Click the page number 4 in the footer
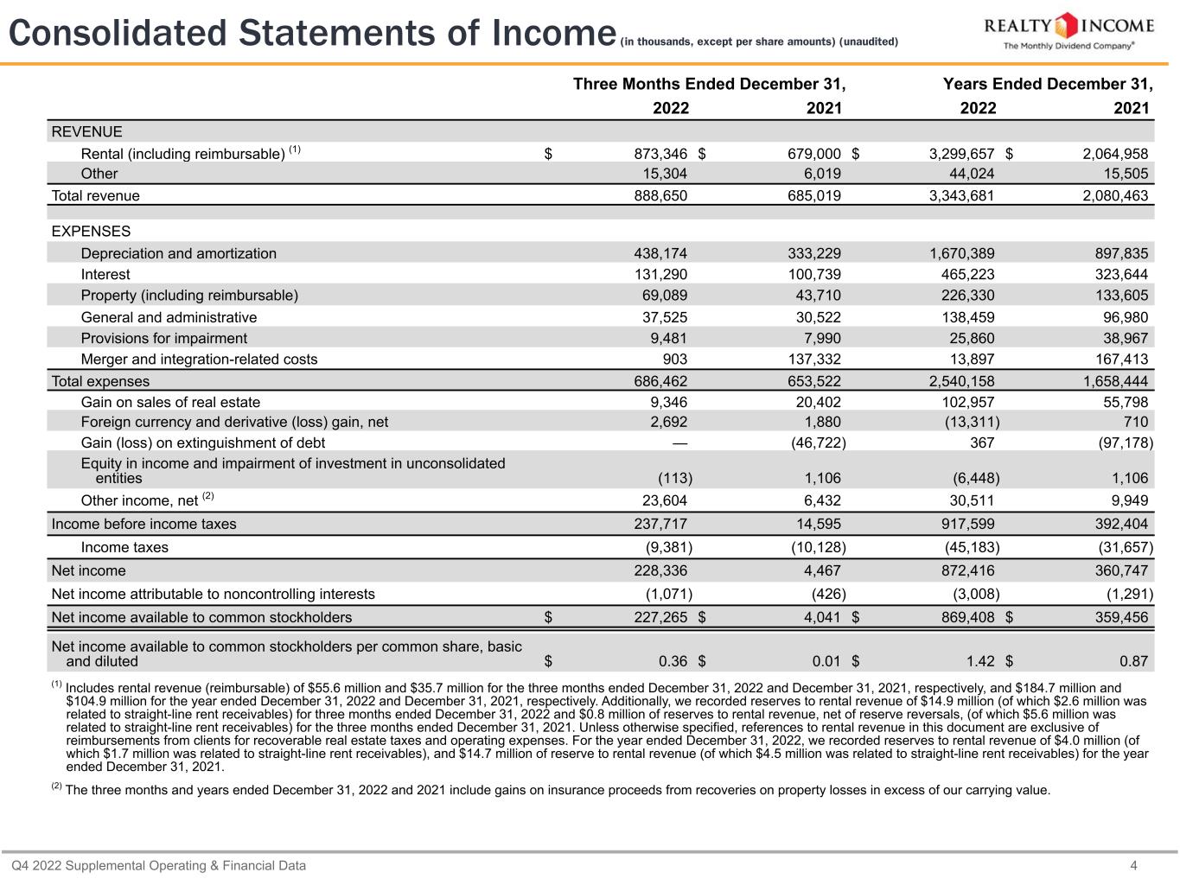click(1158, 865)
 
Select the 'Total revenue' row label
click(96, 195)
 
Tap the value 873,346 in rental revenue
click(660, 154)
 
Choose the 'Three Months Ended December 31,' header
click(709, 84)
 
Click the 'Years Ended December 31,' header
click(1048, 84)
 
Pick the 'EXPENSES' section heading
click(92, 232)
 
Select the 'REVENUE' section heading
click(87, 131)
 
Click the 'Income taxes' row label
click(124, 547)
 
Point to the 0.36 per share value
click(673, 661)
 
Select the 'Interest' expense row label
click(105, 274)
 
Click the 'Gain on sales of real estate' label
click(170, 402)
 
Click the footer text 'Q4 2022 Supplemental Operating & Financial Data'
click(158, 865)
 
